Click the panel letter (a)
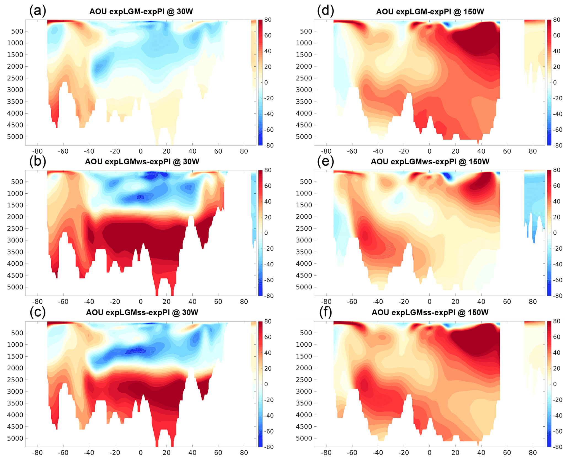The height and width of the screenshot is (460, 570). (x=38, y=11)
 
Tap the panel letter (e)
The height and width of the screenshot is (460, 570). (x=325, y=161)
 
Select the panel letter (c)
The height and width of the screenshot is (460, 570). (x=38, y=312)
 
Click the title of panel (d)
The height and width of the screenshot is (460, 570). (x=430, y=12)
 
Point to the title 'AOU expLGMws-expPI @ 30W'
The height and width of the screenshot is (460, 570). (x=142, y=162)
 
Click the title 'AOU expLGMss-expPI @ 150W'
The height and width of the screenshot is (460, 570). (x=430, y=312)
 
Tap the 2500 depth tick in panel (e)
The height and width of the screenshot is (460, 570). (x=304, y=229)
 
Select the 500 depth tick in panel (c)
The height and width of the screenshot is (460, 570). (x=17, y=333)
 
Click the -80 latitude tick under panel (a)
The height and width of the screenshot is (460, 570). (x=37, y=151)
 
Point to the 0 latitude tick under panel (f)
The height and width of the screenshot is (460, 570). (x=429, y=453)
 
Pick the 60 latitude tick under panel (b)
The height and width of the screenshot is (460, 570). (x=218, y=301)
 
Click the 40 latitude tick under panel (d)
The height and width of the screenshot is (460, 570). (x=481, y=151)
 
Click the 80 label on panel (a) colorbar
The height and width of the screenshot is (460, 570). (x=268, y=20)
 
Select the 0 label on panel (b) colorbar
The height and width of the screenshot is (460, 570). (x=266, y=233)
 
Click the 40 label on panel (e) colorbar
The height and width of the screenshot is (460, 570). (x=557, y=201)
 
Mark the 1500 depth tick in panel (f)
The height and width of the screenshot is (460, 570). (x=304, y=356)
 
